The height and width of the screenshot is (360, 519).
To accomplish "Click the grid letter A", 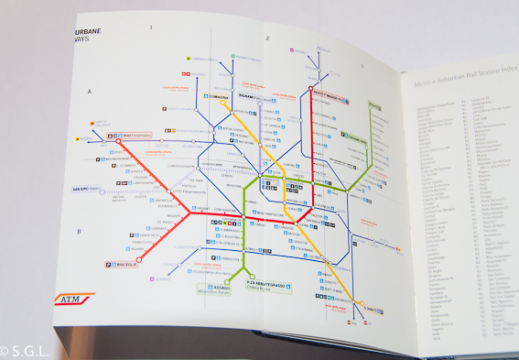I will [x=90, y=92].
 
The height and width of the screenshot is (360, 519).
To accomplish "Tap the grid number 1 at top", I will [x=151, y=27].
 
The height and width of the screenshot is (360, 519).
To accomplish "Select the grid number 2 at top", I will [x=266, y=38].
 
